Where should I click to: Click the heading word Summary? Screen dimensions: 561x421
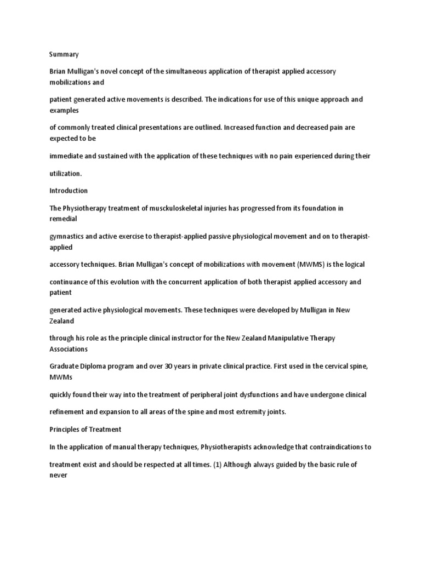tap(64, 54)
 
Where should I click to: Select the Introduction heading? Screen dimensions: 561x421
tap(68, 191)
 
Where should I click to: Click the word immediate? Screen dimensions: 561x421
tap(66, 156)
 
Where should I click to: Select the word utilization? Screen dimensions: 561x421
tap(65, 173)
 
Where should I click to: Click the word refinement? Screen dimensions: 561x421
tap(68, 411)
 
